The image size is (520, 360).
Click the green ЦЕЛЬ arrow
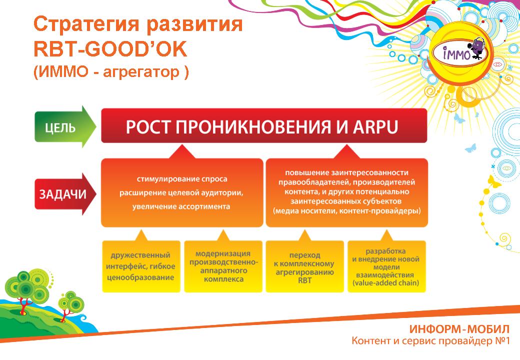tap(65, 126)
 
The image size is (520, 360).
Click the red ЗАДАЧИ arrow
tap(65, 194)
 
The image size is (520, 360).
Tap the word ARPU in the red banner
tap(375, 126)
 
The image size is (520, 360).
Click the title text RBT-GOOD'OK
tap(110, 48)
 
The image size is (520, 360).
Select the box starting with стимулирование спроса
tap(181, 192)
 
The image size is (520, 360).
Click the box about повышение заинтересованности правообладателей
tap(347, 192)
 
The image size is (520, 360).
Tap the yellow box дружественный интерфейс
tap(141, 266)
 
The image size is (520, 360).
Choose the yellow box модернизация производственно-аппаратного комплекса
tap(223, 266)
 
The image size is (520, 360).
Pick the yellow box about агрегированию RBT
tap(305, 266)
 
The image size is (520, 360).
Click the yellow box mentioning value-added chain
tap(386, 266)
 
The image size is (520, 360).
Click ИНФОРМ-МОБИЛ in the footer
tap(459, 329)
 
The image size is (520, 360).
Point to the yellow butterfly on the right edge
tap(494, 181)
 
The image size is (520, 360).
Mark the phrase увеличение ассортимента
tap(181, 206)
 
